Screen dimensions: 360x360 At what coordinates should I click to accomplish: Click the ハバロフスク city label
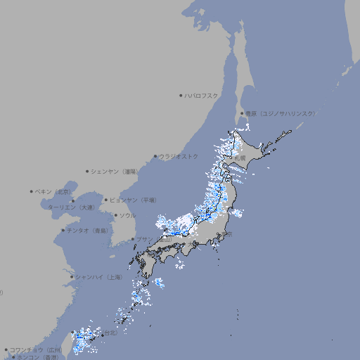[x=202, y=95]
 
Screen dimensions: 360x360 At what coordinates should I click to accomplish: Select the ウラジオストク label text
[x=179, y=156]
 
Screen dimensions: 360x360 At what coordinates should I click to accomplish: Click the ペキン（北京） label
[x=53, y=191]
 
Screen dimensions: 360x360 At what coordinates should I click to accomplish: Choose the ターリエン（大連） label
[x=71, y=207]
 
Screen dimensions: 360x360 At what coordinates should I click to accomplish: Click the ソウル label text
[x=127, y=215]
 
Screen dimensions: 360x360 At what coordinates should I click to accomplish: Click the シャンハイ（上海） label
[x=98, y=277]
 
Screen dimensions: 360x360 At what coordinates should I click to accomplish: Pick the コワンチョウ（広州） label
[x=36, y=349]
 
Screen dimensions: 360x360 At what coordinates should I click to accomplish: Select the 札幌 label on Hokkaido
[x=240, y=158]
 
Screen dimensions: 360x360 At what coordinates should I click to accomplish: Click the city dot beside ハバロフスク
[x=181, y=95]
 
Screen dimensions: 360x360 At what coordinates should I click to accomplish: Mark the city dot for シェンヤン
[x=88, y=171]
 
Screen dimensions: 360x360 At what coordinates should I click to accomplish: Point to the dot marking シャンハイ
[x=72, y=277]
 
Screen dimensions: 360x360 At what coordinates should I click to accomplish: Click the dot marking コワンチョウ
[x=6, y=349]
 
